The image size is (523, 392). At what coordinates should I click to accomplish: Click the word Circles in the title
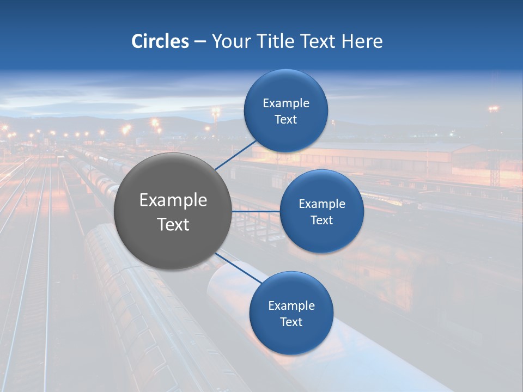tap(160, 41)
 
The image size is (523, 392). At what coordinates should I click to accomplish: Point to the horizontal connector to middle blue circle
tap(256, 211)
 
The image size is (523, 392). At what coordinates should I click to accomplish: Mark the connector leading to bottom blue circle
tap(238, 267)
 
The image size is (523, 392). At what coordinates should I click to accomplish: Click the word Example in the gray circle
tap(173, 200)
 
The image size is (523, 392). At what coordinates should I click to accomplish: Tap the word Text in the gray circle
tap(173, 224)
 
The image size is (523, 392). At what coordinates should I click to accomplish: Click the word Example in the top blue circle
tap(286, 103)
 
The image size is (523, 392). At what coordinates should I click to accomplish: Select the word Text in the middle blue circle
tap(321, 220)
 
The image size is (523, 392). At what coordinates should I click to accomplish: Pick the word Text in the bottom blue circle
tap(291, 322)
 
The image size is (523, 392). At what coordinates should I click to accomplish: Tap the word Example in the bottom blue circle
tap(291, 305)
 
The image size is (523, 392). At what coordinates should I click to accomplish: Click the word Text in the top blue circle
tap(285, 119)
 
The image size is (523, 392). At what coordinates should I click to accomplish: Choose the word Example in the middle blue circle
tap(322, 204)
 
